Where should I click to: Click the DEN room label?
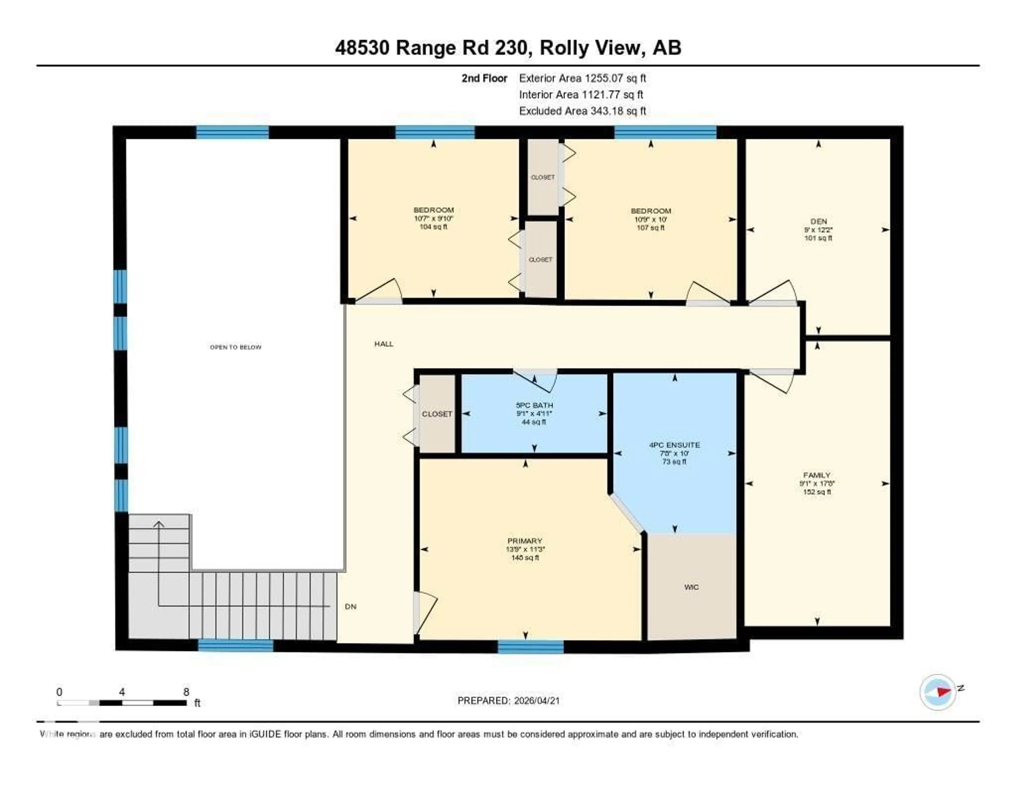click(818, 222)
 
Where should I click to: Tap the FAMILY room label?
click(817, 475)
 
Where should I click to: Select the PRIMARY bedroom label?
click(525, 541)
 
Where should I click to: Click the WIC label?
click(691, 587)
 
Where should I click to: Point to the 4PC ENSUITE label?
click(674, 445)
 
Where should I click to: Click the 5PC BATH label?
click(534, 405)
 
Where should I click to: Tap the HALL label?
click(384, 344)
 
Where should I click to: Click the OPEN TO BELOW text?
click(235, 347)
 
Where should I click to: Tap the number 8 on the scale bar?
click(186, 692)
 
